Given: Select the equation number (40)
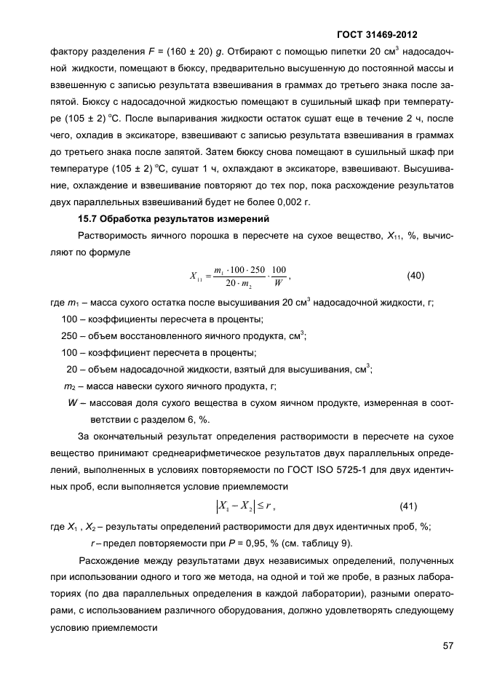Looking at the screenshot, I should [416, 275].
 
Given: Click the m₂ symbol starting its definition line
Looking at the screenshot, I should [71, 386].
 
